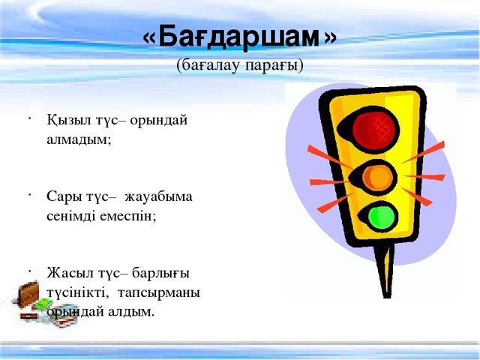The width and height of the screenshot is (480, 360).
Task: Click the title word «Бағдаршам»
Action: coord(239,38)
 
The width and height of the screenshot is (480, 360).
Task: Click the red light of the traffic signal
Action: coord(374,128)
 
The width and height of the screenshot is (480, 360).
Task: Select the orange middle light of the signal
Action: coord(377,178)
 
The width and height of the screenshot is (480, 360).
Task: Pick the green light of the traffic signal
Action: coord(381,217)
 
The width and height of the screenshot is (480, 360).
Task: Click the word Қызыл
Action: coord(69,120)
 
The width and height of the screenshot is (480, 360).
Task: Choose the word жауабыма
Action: coord(158,197)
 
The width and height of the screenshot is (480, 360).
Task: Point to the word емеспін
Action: coord(128,217)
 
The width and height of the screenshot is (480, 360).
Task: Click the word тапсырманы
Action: coord(159,293)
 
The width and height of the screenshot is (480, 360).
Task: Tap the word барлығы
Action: coord(160,273)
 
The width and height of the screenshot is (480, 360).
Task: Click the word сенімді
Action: coord(72,217)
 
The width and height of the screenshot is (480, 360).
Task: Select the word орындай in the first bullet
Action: coord(159,121)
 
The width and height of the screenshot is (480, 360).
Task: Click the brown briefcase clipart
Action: coord(28,295)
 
